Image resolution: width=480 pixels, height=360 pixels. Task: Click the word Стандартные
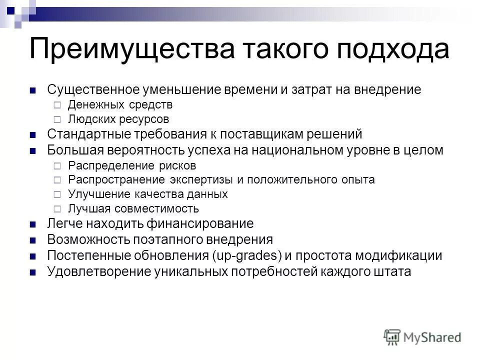(x=88, y=134)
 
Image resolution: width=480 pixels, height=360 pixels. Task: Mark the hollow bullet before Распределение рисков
(x=56, y=165)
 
